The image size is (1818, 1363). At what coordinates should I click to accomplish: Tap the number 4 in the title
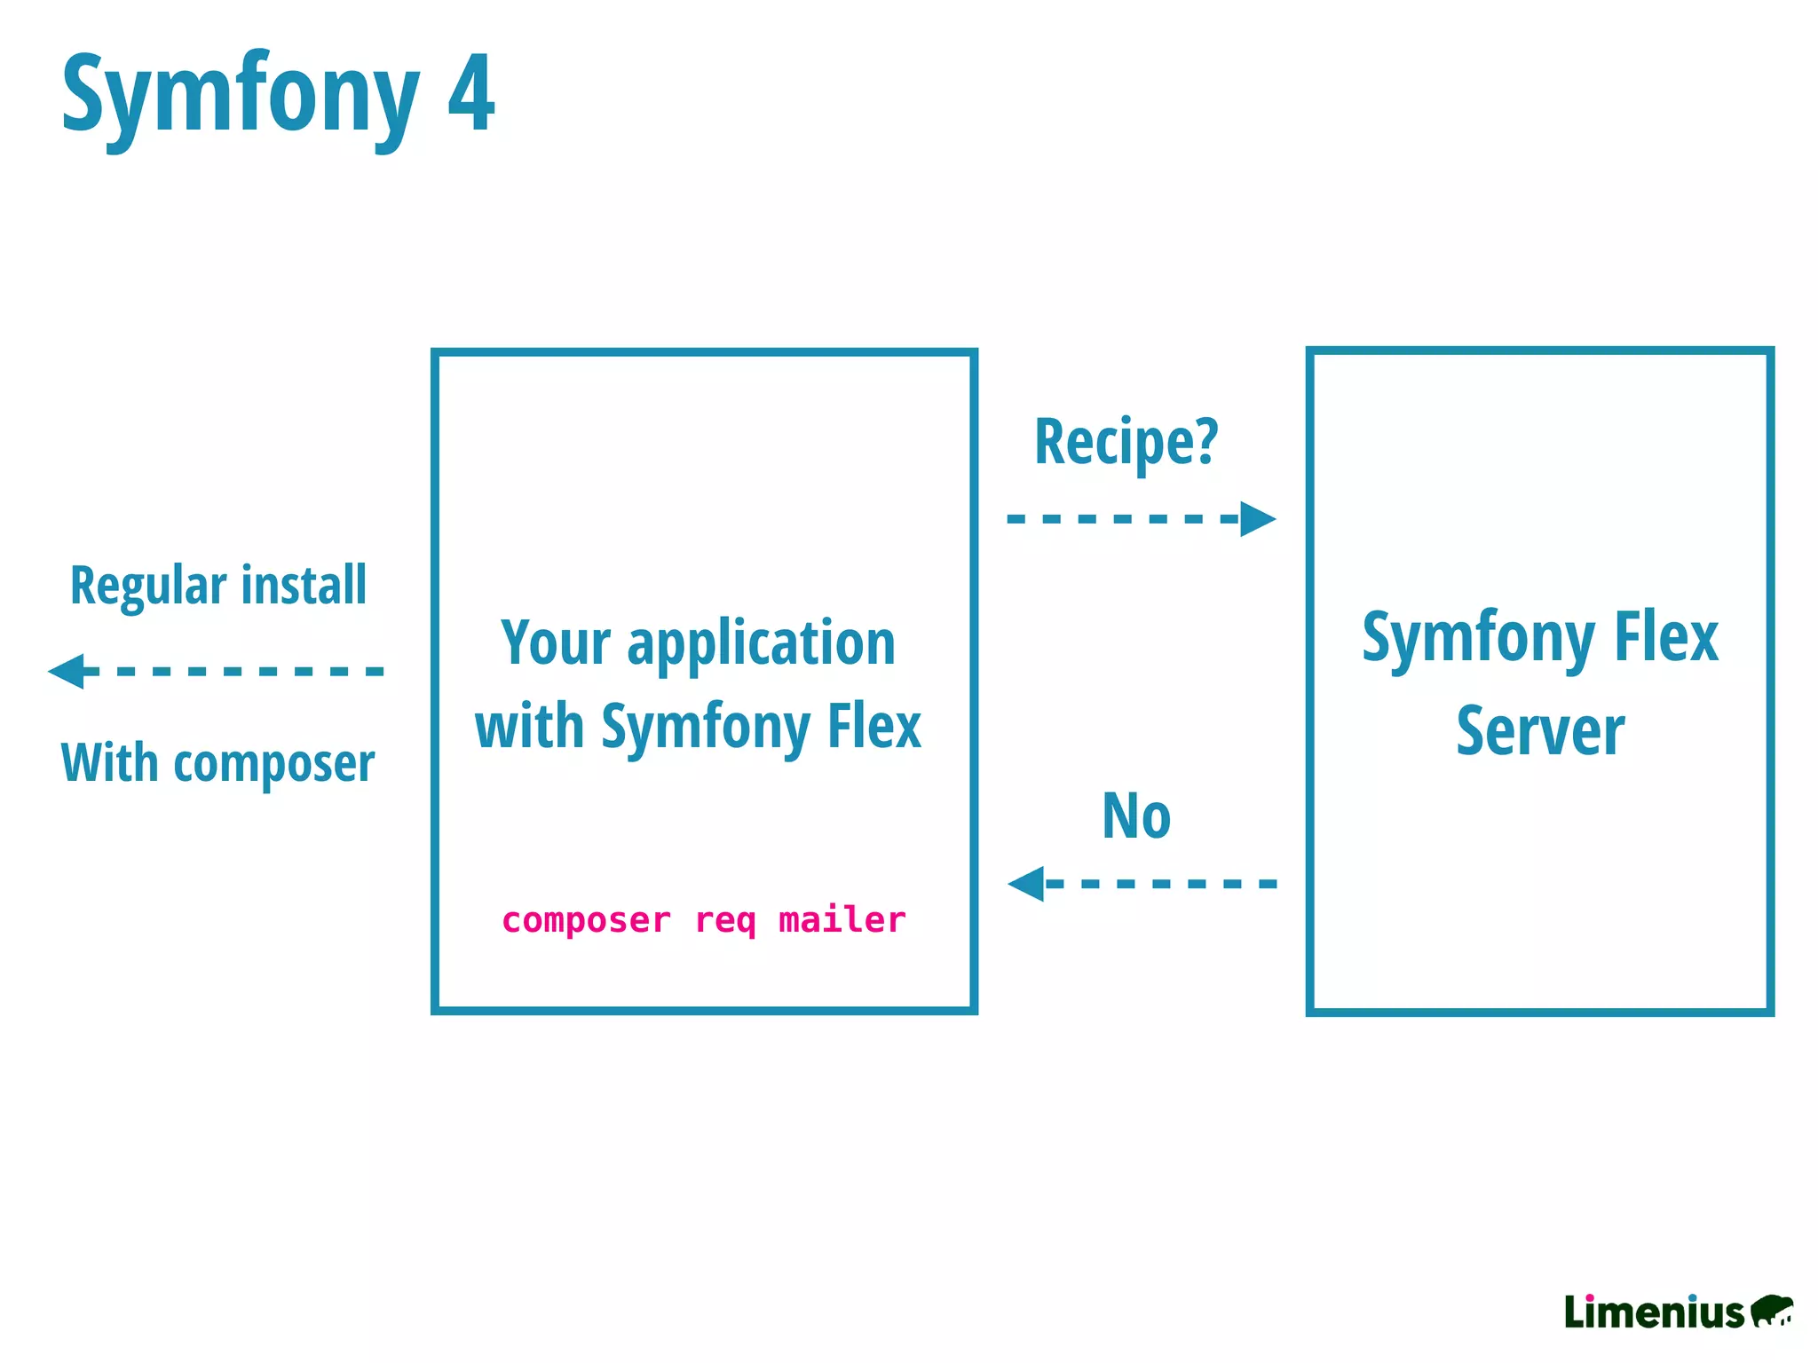coord(470,94)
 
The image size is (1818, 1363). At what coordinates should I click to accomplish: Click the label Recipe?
coord(1126,441)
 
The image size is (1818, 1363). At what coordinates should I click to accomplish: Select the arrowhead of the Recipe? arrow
coord(1257,519)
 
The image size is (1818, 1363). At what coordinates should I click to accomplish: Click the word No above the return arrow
coord(1136,815)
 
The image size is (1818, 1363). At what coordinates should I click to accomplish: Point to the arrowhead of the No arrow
coord(1027,884)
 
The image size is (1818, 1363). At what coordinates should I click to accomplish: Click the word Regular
coord(149,587)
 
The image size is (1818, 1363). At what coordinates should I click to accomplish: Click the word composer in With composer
coord(274,764)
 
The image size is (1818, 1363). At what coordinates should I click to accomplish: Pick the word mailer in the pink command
coord(842,920)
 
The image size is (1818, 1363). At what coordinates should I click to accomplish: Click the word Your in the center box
coord(556,643)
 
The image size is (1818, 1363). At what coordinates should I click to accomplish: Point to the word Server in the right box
coord(1540,731)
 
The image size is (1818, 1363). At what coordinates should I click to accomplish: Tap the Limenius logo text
coord(1654,1312)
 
